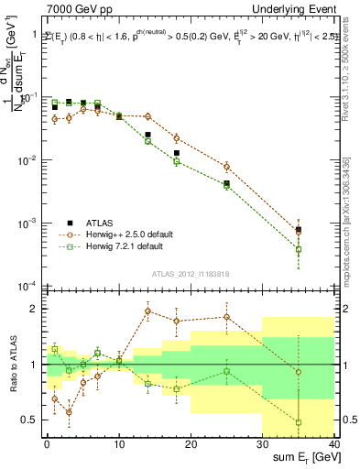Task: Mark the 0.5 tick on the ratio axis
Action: [35, 420]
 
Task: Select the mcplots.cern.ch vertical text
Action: [353, 211]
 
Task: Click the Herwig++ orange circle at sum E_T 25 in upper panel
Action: [226, 167]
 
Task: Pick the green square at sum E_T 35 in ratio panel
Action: [298, 422]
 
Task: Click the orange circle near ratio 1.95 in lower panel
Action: [147, 311]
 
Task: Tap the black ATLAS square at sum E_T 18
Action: [176, 153]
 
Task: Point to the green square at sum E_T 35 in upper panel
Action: [298, 249]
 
